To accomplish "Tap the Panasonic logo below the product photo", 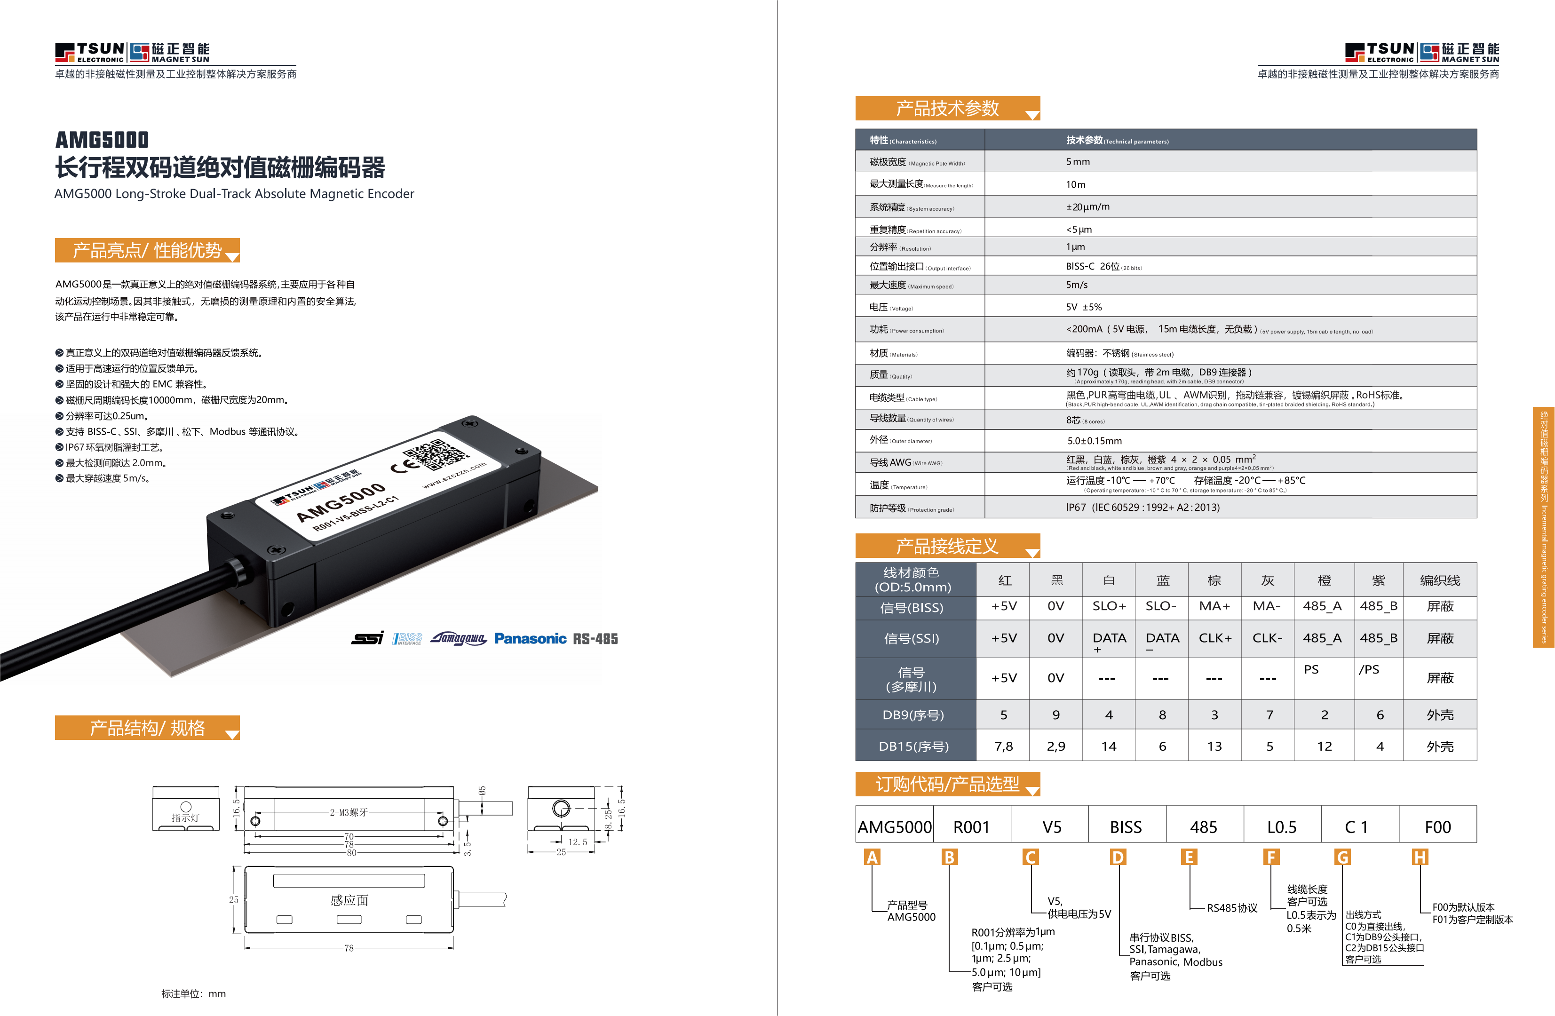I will pos(530,638).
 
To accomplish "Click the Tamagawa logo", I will pos(458,638).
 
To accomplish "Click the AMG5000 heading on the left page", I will pos(102,140).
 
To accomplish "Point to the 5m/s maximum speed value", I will pos(1077,285).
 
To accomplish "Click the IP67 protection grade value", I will pos(1142,507).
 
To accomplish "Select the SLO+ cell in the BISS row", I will pos(1109,606).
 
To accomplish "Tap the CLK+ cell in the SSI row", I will pos(1214,638).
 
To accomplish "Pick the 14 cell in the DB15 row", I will pos(1109,746).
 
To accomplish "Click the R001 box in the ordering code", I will pos(972,827).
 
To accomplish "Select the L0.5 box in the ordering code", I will pos(1282,827).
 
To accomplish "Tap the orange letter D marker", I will pos(1118,857).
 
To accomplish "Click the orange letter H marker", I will pos(1420,857).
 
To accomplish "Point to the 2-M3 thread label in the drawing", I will pos(349,812).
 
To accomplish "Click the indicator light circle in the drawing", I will pos(186,807).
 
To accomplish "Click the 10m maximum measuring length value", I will pos(1075,184).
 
